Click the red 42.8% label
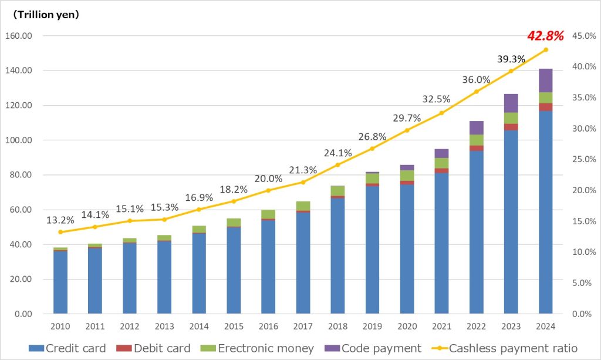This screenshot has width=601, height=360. (x=545, y=36)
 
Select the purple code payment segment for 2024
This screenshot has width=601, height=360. (x=545, y=80)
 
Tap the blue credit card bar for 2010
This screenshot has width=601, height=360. (x=60, y=282)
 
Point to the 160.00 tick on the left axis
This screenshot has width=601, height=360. (x=18, y=36)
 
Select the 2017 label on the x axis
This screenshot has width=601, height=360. (x=303, y=326)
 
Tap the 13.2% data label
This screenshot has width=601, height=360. (x=60, y=221)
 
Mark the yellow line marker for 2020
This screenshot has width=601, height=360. (x=407, y=130)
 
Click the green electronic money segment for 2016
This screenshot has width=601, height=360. (x=268, y=214)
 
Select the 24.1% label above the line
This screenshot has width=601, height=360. (x=337, y=153)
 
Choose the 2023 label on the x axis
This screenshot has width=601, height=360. (x=511, y=326)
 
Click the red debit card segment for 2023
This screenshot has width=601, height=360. (x=511, y=127)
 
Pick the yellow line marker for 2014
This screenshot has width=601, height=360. (x=199, y=209)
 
